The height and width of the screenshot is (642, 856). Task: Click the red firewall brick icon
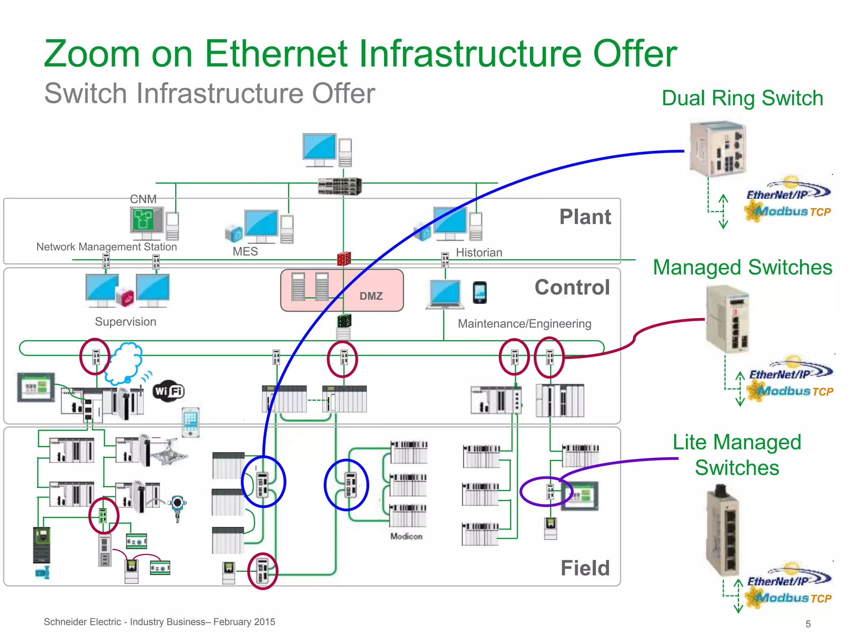pyautogui.click(x=344, y=259)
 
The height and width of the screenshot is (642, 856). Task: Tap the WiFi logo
pyautogui.click(x=168, y=391)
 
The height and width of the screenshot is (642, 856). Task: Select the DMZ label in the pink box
pyautogui.click(x=371, y=296)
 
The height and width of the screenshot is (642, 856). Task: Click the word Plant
pyautogui.click(x=585, y=217)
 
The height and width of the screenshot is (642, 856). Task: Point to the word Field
pyautogui.click(x=585, y=568)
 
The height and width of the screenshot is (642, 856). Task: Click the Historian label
pyautogui.click(x=479, y=252)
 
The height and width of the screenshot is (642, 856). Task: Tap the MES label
pyautogui.click(x=245, y=252)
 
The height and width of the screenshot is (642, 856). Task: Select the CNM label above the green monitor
pyautogui.click(x=143, y=199)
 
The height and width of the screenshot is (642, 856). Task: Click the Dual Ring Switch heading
pyautogui.click(x=742, y=98)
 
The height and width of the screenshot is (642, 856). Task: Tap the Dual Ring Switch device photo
pyautogui.click(x=718, y=149)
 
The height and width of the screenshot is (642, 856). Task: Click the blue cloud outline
pyautogui.click(x=124, y=363)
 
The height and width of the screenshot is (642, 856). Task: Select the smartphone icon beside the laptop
pyautogui.click(x=479, y=292)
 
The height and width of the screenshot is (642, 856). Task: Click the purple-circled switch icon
pyautogui.click(x=550, y=492)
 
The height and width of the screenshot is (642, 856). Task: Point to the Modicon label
pyautogui.click(x=406, y=536)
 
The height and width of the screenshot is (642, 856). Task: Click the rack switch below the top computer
pyautogui.click(x=339, y=186)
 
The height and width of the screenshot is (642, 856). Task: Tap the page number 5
pyautogui.click(x=808, y=624)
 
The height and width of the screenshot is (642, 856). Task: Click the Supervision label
pyautogui.click(x=125, y=322)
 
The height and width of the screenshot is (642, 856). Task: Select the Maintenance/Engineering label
pyautogui.click(x=524, y=324)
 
